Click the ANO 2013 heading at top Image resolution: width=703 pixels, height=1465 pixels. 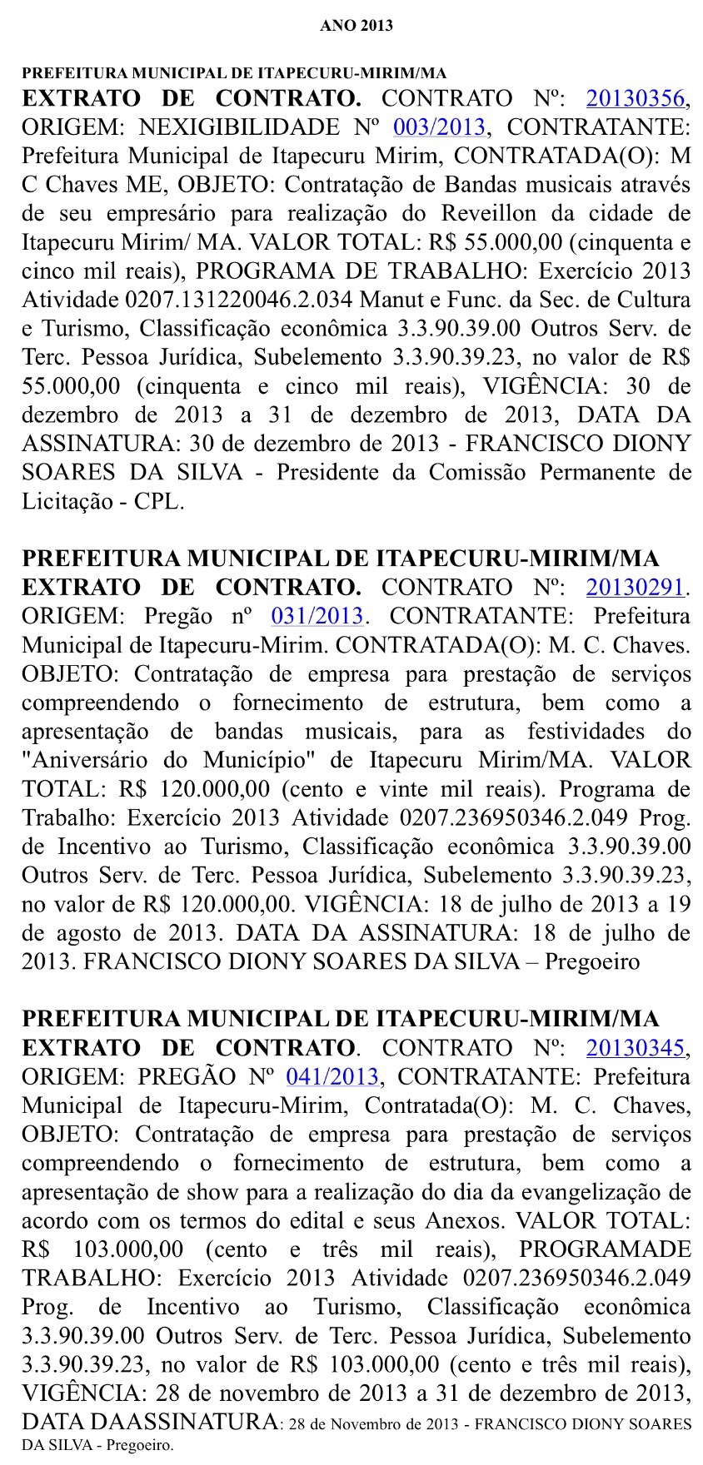[356, 26]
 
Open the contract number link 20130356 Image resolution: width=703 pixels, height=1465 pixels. [636, 99]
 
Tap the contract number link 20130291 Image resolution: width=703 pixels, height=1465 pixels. [636, 588]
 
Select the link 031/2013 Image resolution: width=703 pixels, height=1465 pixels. [317, 617]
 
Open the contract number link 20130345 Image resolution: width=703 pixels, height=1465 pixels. [636, 1048]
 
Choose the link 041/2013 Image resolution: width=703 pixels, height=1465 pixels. [332, 1077]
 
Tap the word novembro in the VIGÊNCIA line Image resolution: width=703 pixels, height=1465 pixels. [257, 1393]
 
